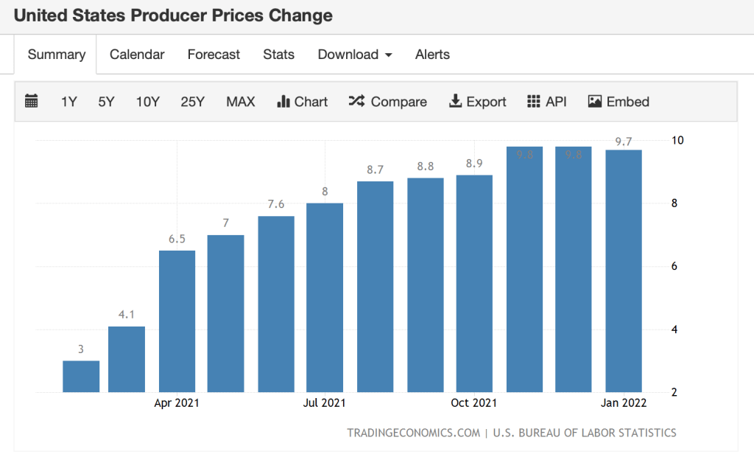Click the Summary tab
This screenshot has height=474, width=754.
(57, 55)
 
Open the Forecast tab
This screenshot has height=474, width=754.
(214, 55)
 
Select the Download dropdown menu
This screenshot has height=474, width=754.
(354, 55)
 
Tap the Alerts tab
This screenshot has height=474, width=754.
(432, 55)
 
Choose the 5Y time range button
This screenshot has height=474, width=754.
(106, 102)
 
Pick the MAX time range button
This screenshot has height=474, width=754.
(240, 102)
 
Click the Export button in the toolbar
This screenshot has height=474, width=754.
(477, 102)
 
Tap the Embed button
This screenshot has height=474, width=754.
(619, 102)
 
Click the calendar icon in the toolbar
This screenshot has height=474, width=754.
(31, 102)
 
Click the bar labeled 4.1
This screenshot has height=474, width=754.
(127, 359)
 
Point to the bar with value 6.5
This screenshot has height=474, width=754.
(177, 321)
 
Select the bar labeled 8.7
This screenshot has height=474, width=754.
(375, 287)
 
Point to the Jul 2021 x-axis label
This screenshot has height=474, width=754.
(324, 403)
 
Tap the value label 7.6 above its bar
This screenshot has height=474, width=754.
(276, 204)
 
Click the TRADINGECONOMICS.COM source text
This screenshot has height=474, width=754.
(413, 433)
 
